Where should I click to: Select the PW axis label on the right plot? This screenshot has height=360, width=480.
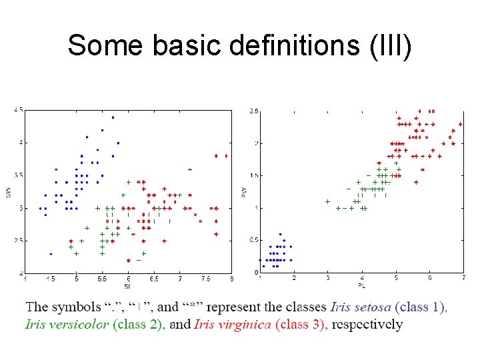(243, 192)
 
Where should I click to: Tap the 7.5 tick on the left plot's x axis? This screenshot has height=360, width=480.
(206, 279)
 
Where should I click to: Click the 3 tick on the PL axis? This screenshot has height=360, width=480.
(327, 278)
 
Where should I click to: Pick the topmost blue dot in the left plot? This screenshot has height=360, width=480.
(113, 117)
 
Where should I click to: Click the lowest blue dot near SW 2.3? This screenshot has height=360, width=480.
(51, 254)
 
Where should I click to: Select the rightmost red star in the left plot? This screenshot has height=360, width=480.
(227, 156)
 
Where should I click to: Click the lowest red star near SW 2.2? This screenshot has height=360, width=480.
(129, 260)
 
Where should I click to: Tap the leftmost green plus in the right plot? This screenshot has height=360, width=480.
(327, 201)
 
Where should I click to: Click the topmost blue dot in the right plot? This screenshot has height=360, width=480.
(280, 234)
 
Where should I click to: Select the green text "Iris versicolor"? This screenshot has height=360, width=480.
(67, 325)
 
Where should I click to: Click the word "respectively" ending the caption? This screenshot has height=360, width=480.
(367, 325)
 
